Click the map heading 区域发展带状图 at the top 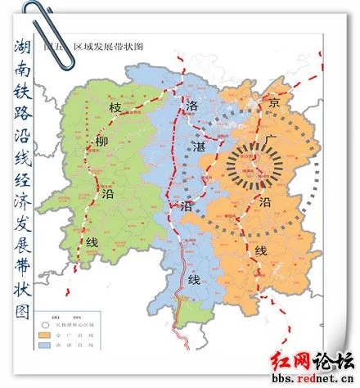(x=115, y=47)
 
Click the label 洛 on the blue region (x=193, y=106)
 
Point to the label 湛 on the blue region (x=198, y=145)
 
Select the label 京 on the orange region (x=275, y=102)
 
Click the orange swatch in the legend (x=47, y=333)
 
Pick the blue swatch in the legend (x=47, y=345)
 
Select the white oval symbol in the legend (x=47, y=322)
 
